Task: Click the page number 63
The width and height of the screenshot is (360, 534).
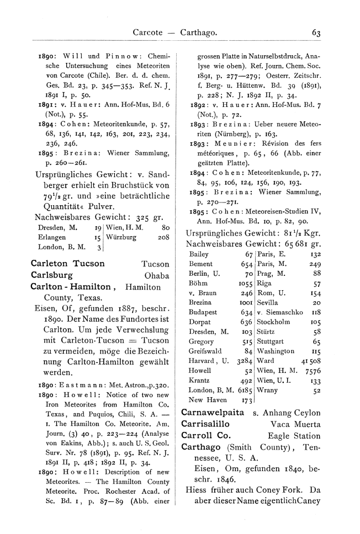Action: coord(316,33)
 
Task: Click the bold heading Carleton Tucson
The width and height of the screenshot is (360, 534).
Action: coord(67,264)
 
